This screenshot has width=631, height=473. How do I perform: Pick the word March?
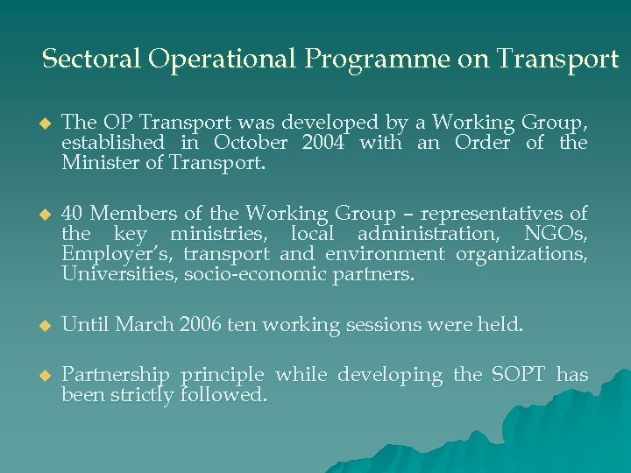pyautogui.click(x=144, y=325)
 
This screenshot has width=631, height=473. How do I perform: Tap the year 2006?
pyautogui.click(x=200, y=325)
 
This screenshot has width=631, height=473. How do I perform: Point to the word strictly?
pyautogui.click(x=143, y=395)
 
